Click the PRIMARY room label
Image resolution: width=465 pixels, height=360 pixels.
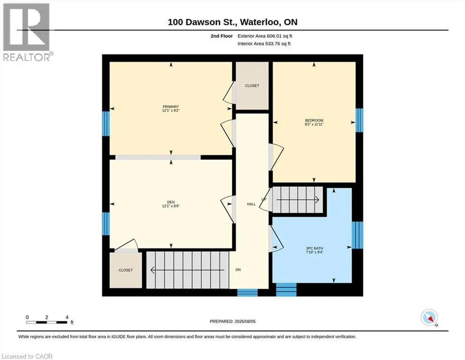[171, 106]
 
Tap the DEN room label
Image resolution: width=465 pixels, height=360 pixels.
[171, 202]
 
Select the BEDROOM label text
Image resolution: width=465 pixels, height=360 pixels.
[314, 120]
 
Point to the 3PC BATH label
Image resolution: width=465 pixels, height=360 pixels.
[315, 248]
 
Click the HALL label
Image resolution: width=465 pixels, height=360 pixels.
[251, 204]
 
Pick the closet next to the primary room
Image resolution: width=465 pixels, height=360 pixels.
[252, 86]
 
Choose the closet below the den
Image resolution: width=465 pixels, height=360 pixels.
[126, 270]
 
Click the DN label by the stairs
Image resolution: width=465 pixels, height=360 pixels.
[238, 270]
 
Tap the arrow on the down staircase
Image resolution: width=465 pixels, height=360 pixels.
[187, 270]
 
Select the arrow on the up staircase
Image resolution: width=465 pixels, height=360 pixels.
[298, 200]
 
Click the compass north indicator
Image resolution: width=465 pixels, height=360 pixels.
[429, 318]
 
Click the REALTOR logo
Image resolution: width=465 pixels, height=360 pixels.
[27, 32]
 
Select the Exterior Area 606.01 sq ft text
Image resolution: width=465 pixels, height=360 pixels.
[265, 36]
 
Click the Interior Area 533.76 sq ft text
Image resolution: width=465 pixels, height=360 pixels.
[264, 44]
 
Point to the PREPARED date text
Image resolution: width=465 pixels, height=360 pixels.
[232, 322]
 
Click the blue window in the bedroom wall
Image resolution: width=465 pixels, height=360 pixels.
[359, 120]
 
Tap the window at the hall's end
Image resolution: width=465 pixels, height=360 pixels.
[248, 292]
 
